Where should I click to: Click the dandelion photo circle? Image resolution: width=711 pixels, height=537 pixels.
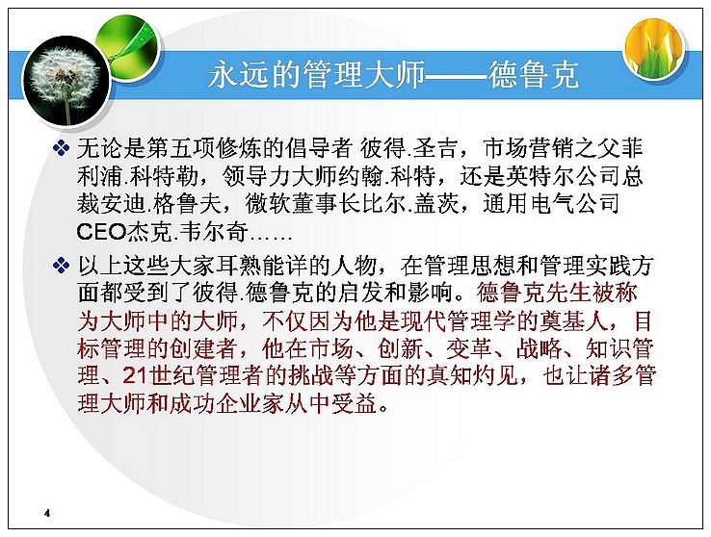[x=66, y=82]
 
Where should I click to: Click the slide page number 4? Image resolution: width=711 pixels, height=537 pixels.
[x=47, y=513]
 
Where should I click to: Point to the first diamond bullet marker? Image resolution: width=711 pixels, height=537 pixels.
[x=62, y=148]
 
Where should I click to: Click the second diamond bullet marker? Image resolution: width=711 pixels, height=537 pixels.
[x=62, y=266]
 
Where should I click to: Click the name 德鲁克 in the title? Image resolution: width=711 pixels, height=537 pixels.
[x=534, y=74]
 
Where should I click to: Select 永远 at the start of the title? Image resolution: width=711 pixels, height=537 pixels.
[x=238, y=74]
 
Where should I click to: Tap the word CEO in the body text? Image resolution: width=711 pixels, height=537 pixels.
[x=101, y=232]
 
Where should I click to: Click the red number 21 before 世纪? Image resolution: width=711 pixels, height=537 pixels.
[x=136, y=376]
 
